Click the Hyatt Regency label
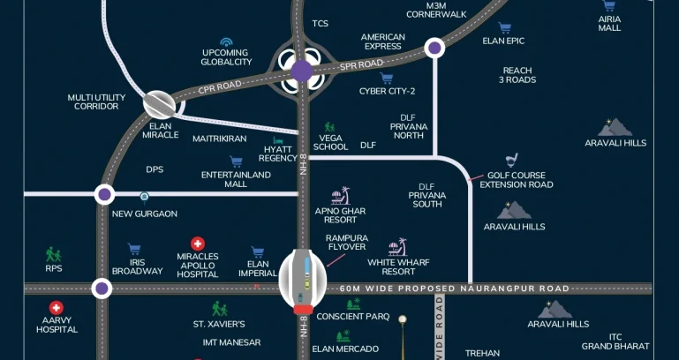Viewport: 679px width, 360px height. pos(278,154)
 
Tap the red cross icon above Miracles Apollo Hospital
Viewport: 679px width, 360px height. pos(198,244)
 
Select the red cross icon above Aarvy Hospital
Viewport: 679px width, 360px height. pos(57,308)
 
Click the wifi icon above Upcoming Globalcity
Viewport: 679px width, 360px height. pos(226,41)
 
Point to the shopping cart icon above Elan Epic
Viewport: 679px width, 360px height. pos(504,28)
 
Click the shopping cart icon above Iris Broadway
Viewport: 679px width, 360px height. pos(134,250)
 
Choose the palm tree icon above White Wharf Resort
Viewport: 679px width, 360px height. pos(398,246)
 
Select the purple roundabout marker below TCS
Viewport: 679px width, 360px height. pos(302,71)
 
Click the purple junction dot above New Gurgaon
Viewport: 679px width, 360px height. pos(104,194)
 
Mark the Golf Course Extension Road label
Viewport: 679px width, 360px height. pos(516,180)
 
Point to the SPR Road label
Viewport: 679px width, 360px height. pos(362,64)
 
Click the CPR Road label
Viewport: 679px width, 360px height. pos(222,86)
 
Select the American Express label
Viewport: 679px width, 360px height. pos(382,42)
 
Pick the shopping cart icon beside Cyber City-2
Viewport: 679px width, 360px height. pos(362,79)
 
